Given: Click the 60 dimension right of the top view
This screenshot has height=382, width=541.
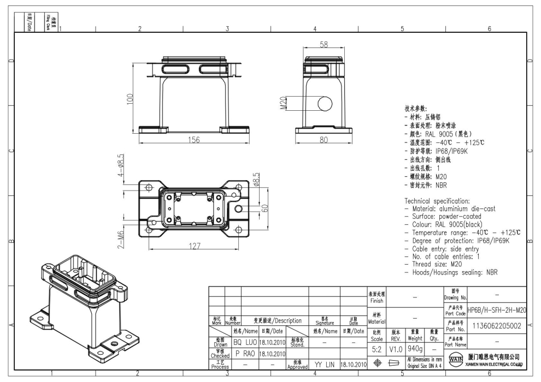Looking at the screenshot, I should [264, 208].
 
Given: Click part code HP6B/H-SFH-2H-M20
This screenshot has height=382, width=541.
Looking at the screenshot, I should [497, 310].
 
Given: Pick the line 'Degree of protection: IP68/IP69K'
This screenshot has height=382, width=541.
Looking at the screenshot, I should [457, 241].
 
